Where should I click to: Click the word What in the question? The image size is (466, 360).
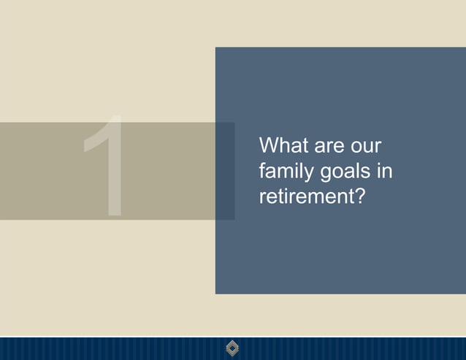[x=283, y=145]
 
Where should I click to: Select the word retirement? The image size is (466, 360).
[x=305, y=197]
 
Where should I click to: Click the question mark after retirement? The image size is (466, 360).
[x=358, y=196]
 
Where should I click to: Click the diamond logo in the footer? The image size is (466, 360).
[x=233, y=348]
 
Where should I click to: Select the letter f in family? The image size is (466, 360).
[x=262, y=171]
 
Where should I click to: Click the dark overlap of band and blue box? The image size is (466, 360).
[x=225, y=171]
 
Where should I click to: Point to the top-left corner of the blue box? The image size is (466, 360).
[x=216, y=48]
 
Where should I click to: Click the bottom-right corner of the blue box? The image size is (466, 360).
[x=465, y=293]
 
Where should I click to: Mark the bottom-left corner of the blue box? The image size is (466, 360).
[x=216, y=293]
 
